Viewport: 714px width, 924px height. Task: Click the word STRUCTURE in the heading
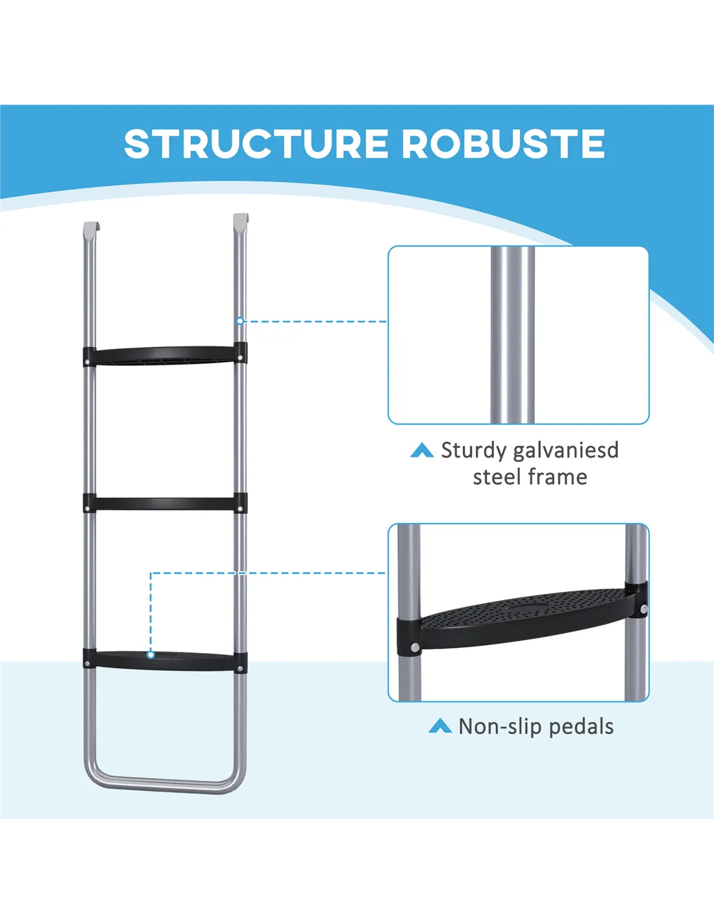point(256,144)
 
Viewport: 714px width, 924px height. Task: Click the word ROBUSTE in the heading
point(504,144)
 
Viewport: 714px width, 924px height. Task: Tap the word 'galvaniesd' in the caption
point(565,450)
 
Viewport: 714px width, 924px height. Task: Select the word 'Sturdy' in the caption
point(473,450)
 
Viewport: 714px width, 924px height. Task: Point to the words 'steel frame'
point(530,477)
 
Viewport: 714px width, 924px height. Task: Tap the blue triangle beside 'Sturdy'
point(422,450)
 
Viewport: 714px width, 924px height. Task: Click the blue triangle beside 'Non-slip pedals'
point(440,726)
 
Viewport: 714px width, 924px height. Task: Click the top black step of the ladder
point(165,355)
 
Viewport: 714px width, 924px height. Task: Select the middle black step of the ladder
point(165,504)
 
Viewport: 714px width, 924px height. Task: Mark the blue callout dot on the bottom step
point(151,654)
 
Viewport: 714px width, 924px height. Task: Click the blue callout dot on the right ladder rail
point(240,321)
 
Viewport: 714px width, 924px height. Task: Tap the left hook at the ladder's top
point(92,229)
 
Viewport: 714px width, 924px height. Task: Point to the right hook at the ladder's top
point(240,220)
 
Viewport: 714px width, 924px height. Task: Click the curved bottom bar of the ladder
point(165,784)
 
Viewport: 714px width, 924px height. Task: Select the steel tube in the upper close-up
point(513,335)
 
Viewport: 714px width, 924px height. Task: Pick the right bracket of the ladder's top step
point(240,353)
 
